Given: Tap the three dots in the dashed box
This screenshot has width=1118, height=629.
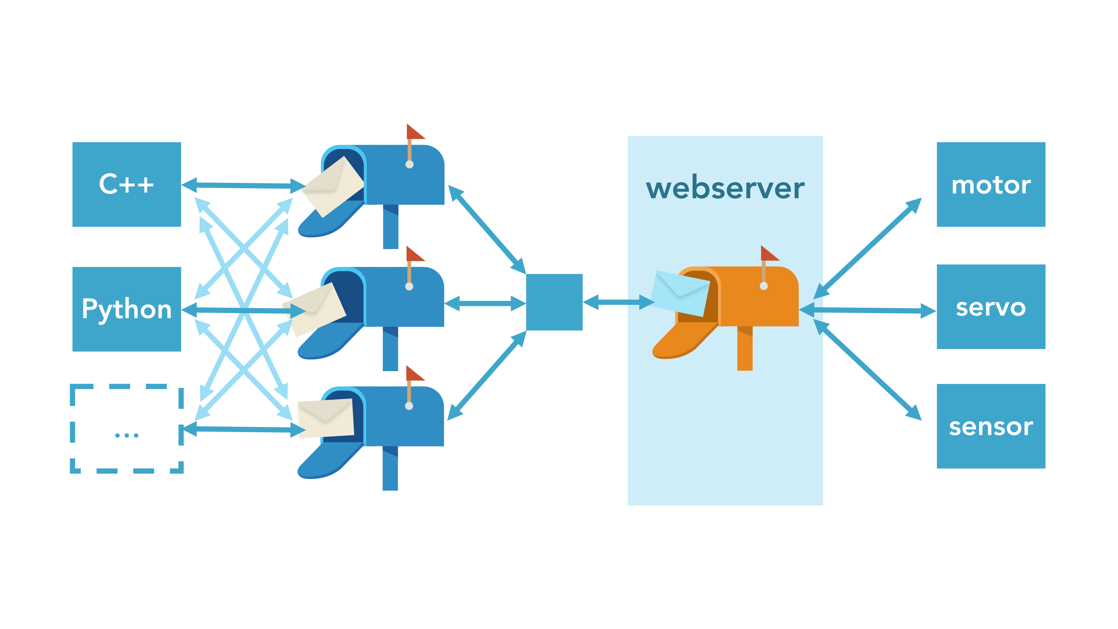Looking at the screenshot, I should tap(127, 435).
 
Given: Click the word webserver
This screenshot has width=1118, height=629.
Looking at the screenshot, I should tap(725, 188).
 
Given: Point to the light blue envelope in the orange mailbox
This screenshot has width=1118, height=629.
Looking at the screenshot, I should tap(681, 292).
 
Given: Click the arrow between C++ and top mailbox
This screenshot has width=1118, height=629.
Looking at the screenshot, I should tap(243, 185).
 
